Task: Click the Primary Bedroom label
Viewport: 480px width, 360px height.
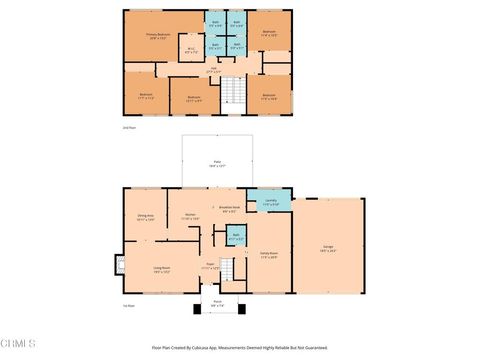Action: click(x=158, y=34)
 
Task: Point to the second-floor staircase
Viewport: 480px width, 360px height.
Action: click(x=232, y=93)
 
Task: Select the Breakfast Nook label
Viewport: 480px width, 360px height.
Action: click(x=228, y=209)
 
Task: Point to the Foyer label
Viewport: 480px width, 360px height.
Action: click(x=210, y=266)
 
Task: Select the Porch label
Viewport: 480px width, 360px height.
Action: click(x=217, y=304)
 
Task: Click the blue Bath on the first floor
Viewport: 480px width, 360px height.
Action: click(x=235, y=238)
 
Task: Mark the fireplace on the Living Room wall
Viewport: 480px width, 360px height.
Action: click(x=120, y=267)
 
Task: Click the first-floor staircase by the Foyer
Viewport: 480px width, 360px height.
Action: click(x=228, y=270)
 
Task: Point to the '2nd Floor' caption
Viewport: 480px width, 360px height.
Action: click(x=128, y=128)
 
